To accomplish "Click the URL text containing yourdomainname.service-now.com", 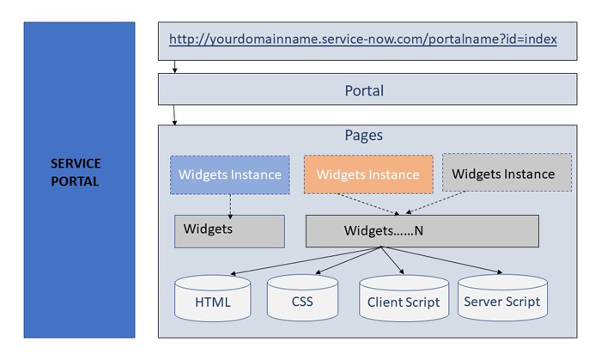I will pyautogui.click(x=362, y=40).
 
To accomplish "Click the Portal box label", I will pyautogui.click(x=364, y=90).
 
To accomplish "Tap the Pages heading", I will pyautogui.click(x=363, y=136).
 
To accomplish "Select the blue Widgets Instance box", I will pyautogui.click(x=229, y=174).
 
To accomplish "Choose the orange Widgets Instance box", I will pyautogui.click(x=367, y=174).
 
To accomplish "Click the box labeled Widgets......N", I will pyautogui.click(x=422, y=231).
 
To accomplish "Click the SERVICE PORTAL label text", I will pyautogui.click(x=76, y=172).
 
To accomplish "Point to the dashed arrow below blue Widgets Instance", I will pyautogui.click(x=229, y=203).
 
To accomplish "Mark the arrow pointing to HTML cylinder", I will pyautogui.click(x=300, y=261).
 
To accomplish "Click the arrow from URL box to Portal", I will pyautogui.click(x=174, y=66).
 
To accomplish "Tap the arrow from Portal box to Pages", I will pyautogui.click(x=174, y=114).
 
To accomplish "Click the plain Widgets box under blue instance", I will pyautogui.click(x=229, y=231).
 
